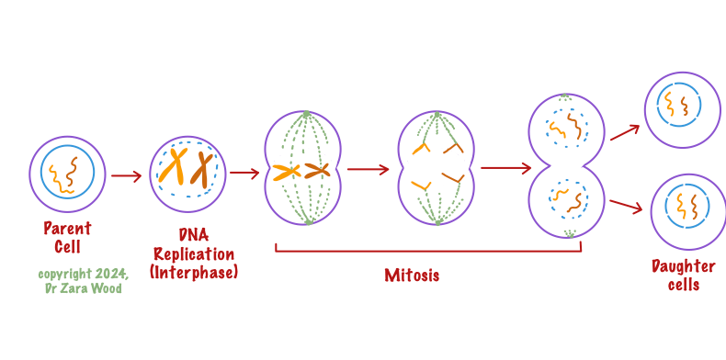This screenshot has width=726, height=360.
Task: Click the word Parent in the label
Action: (x=67, y=229)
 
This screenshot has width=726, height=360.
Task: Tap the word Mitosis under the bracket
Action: (x=411, y=275)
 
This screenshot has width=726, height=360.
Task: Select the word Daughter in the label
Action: (x=683, y=266)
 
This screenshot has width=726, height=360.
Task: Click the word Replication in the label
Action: (x=194, y=254)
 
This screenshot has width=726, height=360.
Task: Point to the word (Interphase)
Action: (x=194, y=272)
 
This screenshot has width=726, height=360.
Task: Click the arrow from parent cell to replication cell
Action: (x=126, y=174)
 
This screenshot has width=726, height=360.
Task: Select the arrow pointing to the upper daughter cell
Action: (x=624, y=131)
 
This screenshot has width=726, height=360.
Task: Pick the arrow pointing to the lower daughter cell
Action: (x=625, y=205)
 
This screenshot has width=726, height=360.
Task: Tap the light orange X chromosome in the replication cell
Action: (x=175, y=166)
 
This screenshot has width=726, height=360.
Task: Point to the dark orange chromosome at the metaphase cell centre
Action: (x=317, y=170)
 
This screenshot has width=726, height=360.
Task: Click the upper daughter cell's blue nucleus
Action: (x=698, y=104)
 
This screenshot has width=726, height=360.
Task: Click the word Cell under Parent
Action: (x=67, y=246)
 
